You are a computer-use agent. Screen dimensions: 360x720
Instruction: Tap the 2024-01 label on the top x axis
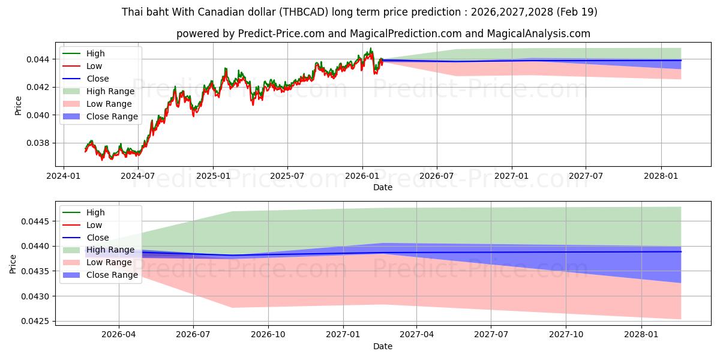pyautogui.click(x=64, y=176)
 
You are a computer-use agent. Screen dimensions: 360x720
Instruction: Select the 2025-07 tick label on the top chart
pyautogui.click(x=287, y=176)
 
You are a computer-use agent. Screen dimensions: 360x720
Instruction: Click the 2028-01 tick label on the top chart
pyautogui.click(x=661, y=176)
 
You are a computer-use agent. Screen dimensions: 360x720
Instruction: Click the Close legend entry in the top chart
pyautogui.click(x=98, y=79)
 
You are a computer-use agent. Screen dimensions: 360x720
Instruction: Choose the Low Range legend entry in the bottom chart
pyautogui.click(x=109, y=262)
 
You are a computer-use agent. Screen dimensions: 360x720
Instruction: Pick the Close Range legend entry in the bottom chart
pyautogui.click(x=112, y=275)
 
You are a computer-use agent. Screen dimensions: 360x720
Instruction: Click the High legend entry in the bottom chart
pyautogui.click(x=95, y=212)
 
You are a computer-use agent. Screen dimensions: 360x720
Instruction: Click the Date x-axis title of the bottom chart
pyautogui.click(x=383, y=346)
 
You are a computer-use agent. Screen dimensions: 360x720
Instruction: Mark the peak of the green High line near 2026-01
pyautogui.click(x=371, y=48)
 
